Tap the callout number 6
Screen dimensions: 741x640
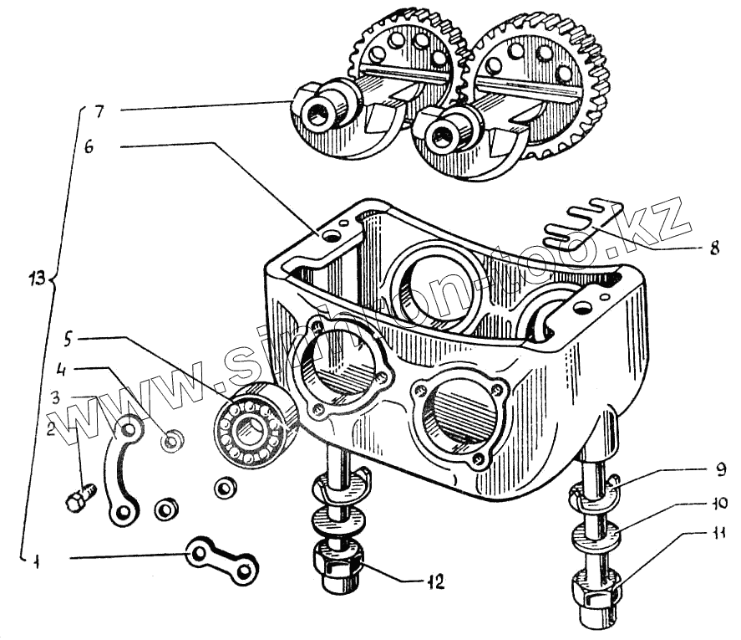coord(89,146)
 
